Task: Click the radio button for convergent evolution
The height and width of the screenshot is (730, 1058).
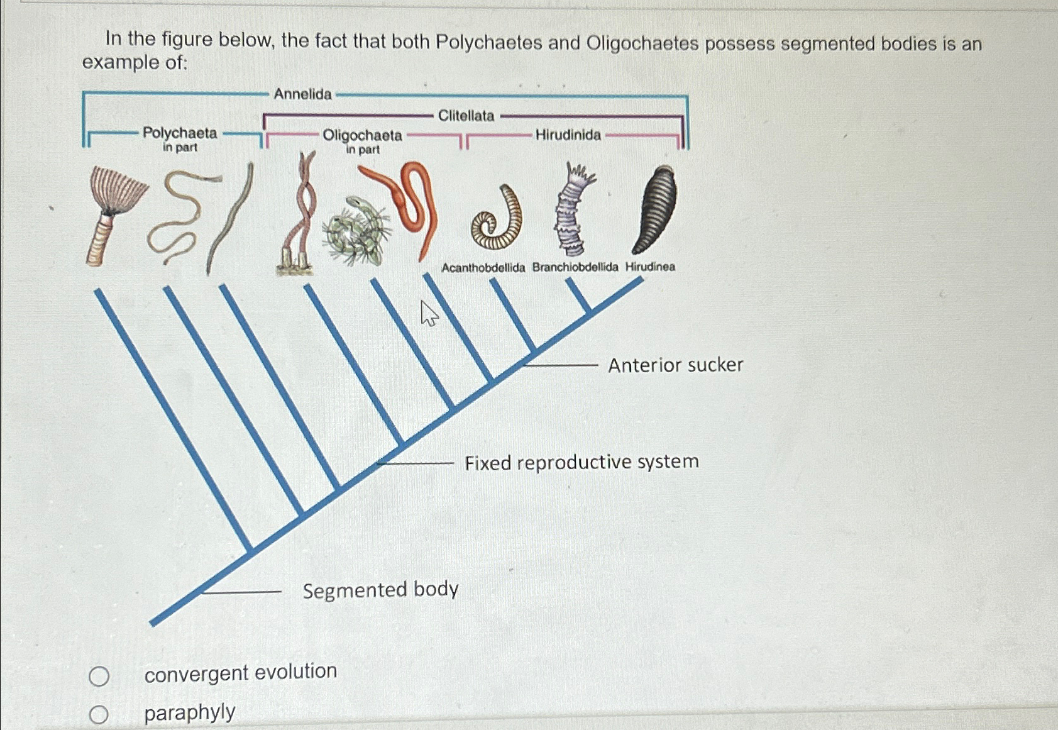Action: coord(99,677)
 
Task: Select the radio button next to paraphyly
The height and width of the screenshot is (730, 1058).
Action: coord(99,715)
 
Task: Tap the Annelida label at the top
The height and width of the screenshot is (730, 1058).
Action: coord(302,94)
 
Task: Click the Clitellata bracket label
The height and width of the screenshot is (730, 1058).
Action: coord(466,116)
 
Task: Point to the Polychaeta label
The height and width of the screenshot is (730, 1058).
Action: coord(180,133)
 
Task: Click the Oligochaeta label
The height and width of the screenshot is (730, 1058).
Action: coord(362,136)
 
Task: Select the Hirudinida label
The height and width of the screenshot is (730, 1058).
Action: coord(568,135)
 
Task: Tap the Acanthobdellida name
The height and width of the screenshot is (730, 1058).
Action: coord(483,268)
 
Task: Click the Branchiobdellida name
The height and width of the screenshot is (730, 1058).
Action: coord(575,267)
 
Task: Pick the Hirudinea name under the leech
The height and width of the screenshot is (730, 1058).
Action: coord(650,267)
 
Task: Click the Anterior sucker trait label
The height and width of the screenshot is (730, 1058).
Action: coord(675,365)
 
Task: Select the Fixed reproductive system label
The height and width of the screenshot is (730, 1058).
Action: coord(581,462)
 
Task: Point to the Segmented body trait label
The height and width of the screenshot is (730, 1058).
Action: coord(380,590)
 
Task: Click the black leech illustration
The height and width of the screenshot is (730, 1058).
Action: coord(655,209)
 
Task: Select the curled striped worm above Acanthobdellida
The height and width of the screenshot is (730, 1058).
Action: coord(497,220)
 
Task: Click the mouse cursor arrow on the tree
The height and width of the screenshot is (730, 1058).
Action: coord(429,312)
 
